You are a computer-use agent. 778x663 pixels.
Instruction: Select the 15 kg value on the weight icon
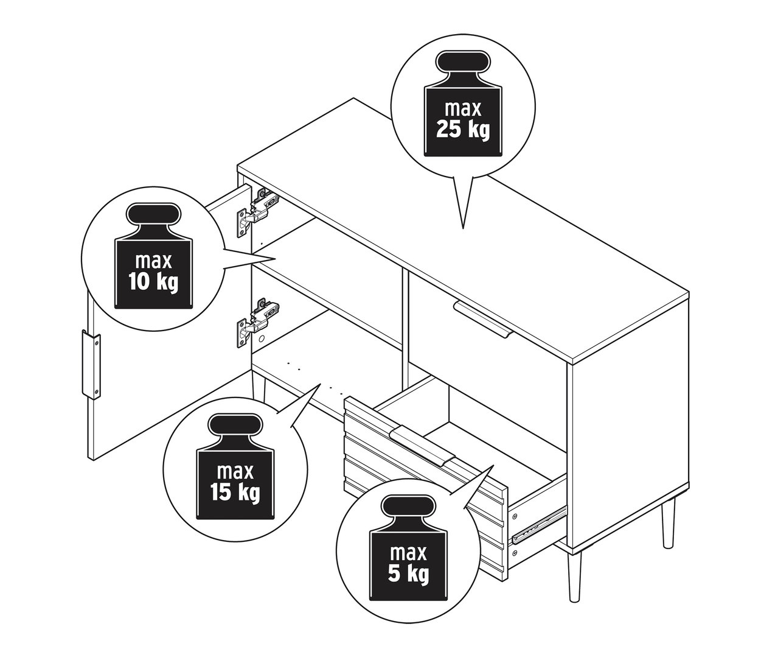click(232, 491)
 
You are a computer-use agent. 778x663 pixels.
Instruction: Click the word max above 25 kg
click(463, 109)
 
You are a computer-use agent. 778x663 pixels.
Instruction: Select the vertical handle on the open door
click(89, 364)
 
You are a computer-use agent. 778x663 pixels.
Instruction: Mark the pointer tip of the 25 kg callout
click(464, 229)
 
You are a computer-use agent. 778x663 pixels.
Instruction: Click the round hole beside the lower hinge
click(261, 337)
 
